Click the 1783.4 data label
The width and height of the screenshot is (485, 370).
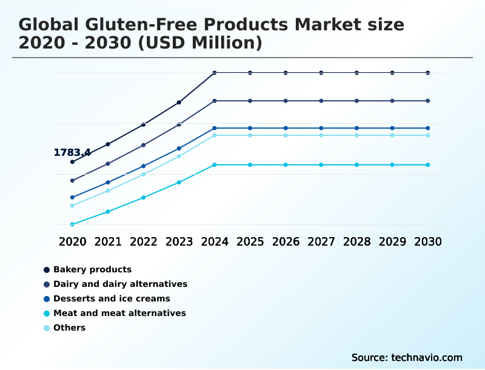[72, 152]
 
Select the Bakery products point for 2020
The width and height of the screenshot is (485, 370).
[72, 162]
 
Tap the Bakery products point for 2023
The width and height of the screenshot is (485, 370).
[179, 103]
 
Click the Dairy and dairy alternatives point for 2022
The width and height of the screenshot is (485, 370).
[144, 145]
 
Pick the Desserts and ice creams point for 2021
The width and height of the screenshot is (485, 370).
[108, 182]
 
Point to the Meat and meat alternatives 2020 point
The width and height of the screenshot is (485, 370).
[72, 224]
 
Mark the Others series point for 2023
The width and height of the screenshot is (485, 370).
[179, 156]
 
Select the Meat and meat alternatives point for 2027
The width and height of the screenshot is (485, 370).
[321, 165]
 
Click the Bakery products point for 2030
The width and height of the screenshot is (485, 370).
[428, 73]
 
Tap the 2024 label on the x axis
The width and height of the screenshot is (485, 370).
[215, 241]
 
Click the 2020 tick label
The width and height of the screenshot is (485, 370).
[72, 241]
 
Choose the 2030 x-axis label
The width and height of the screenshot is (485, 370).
[428, 241]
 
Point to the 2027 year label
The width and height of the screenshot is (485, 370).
[321, 241]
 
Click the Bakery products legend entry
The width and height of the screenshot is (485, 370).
[92, 269]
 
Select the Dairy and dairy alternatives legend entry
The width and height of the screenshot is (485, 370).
[120, 284]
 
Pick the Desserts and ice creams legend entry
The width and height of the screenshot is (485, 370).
[112, 298]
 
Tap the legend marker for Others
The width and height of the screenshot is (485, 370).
[47, 328]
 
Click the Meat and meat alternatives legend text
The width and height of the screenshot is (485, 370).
[119, 313]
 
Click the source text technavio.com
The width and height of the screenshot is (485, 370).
[427, 357]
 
